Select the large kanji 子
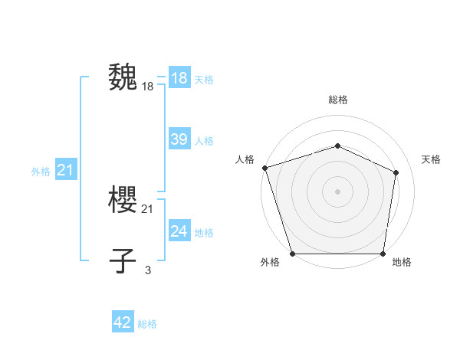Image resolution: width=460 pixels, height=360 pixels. pos(123,260)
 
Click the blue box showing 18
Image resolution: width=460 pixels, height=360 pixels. pos(179,78)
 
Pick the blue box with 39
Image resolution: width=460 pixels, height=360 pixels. pos(179,139)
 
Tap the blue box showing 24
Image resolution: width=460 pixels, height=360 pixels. pos(179,231)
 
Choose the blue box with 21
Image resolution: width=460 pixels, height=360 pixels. pos(65,170)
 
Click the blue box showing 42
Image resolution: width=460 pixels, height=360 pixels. pos(123,322)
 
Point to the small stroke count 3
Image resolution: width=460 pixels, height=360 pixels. pos(148,270)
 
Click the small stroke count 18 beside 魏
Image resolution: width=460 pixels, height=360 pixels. pos(148,87)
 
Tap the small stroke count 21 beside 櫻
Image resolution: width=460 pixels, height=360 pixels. pos(148,209)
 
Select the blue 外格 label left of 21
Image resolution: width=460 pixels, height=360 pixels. pos(41,172)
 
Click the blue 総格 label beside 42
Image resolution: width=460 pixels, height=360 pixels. pos(147,324)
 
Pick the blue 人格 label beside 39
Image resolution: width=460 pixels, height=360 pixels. pos(204,141)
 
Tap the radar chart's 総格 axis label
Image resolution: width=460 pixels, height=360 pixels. pos(337,100)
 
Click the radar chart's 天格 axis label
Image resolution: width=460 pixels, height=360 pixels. pos(431,159)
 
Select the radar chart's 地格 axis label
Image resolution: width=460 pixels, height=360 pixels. pos(402,262)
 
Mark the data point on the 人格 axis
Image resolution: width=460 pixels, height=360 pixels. pos(264,167)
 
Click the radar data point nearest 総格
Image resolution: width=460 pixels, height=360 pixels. pos(337,146)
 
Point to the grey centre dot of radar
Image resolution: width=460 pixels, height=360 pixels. pos(337,191)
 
